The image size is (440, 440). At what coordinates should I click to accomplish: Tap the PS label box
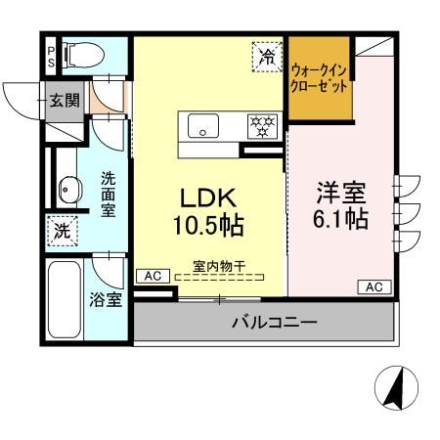click(x=51, y=56)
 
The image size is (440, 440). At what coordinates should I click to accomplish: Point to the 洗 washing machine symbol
click(x=62, y=233)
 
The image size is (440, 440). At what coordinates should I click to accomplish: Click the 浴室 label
click(x=108, y=299)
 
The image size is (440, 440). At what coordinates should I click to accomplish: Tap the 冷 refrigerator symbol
click(x=267, y=57)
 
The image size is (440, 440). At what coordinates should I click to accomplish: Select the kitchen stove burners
click(x=261, y=125)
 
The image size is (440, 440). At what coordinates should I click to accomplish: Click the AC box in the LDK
click(x=153, y=278)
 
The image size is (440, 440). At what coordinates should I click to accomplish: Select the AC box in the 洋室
click(x=375, y=286)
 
